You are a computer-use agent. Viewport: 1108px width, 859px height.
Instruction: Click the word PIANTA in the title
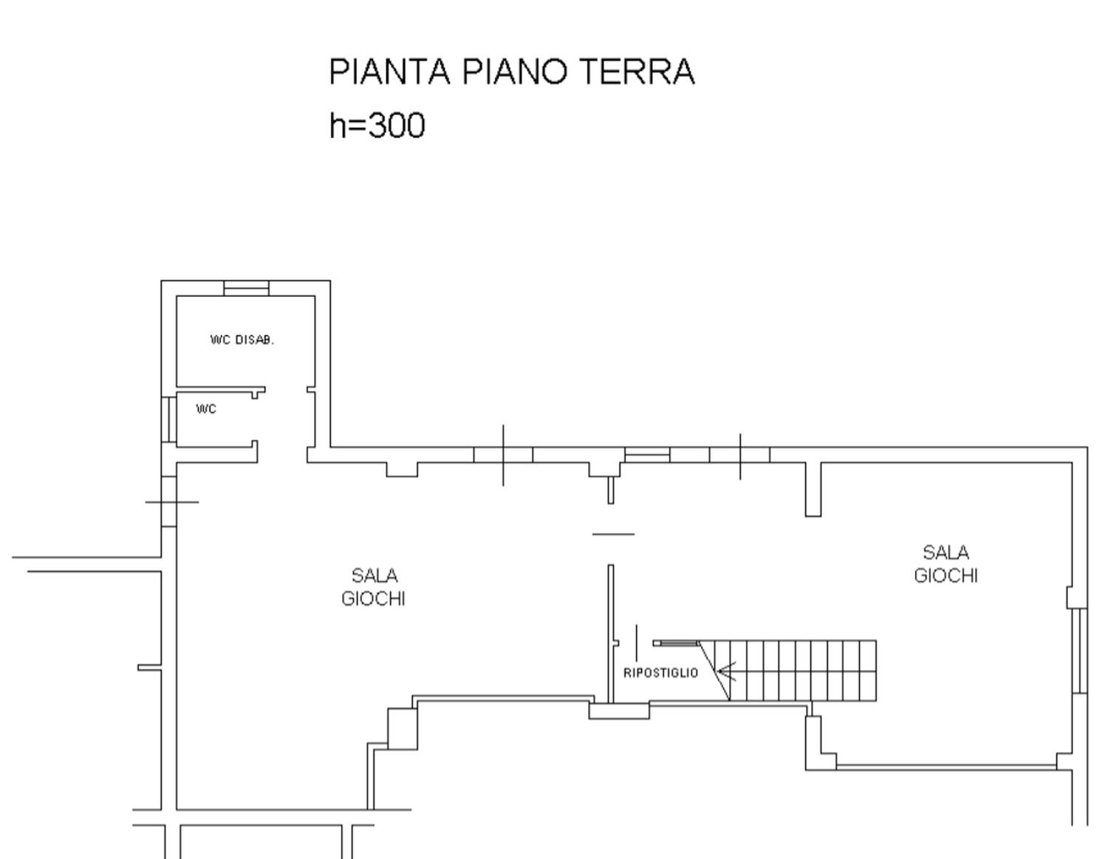coord(389,72)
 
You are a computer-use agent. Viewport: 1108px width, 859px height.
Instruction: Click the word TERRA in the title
coord(637,72)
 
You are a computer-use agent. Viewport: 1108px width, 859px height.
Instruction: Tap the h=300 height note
coord(377,126)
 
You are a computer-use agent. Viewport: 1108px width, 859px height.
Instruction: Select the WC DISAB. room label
coord(242,340)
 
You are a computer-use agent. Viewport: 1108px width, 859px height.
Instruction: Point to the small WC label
coord(206,409)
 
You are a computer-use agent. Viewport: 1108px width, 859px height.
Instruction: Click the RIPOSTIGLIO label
coord(660,673)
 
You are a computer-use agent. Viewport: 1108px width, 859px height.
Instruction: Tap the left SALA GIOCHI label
coord(374,587)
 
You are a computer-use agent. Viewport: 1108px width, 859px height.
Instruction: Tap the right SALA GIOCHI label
coord(945,564)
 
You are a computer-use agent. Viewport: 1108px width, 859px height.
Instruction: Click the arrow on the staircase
coord(727,671)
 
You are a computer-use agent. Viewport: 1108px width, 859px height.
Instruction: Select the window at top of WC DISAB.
coord(246,288)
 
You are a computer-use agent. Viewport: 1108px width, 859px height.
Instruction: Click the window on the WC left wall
coord(168,420)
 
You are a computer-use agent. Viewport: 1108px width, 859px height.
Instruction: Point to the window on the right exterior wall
coord(1079,651)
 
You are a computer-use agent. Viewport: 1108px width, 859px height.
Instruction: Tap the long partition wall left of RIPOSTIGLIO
coord(611,633)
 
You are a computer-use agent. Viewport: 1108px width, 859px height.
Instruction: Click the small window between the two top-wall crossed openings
coord(647,455)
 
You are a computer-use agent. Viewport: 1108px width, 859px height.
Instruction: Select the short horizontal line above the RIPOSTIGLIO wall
coord(613,534)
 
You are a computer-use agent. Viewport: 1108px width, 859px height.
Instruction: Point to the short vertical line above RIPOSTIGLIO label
coord(636,643)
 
